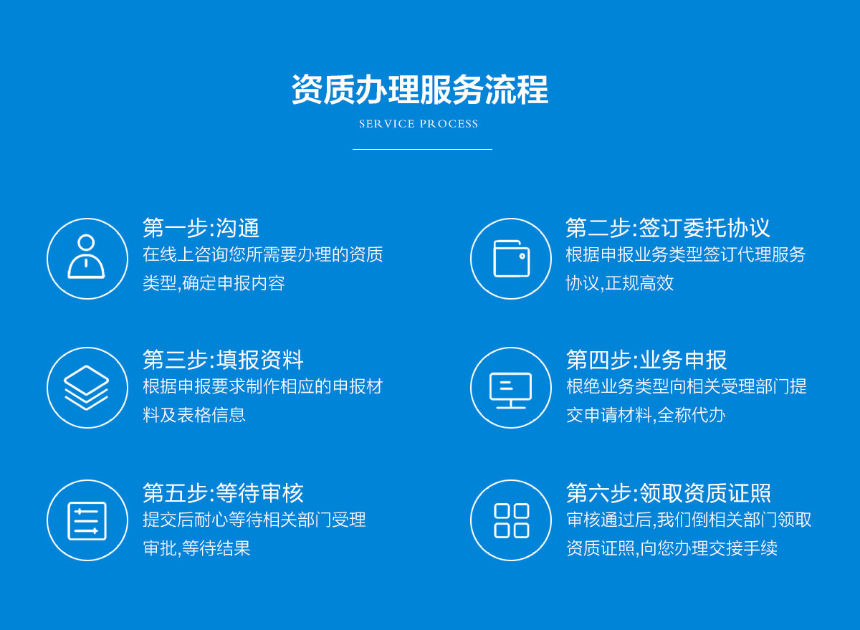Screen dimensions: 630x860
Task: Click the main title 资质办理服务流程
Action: (419, 90)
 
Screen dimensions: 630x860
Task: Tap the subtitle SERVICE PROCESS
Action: (419, 124)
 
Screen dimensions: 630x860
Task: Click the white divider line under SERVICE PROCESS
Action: (422, 149)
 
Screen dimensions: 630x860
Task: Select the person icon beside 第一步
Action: (87, 258)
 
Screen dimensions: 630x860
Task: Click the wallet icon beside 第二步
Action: (510, 258)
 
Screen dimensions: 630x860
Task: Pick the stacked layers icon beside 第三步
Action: (87, 388)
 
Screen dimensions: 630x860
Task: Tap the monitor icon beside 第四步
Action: (510, 388)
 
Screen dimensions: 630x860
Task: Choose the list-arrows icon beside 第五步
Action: (87, 520)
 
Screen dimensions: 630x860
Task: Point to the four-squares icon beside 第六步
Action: (510, 520)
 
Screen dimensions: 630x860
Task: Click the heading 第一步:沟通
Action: (201, 228)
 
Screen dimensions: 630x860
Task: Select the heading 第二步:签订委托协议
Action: (667, 228)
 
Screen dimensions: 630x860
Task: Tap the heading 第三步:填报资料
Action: (223, 360)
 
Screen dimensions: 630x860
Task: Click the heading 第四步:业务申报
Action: (646, 360)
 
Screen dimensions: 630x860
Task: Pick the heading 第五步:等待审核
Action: (223, 492)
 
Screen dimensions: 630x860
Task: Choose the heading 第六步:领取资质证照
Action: (668, 492)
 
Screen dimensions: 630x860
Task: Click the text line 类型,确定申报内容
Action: (214, 283)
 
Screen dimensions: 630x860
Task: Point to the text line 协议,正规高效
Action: (620, 283)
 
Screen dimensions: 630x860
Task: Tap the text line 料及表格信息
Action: (194, 415)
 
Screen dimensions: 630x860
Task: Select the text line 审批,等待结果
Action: (196, 548)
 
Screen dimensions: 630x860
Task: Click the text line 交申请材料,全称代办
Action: (646, 415)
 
